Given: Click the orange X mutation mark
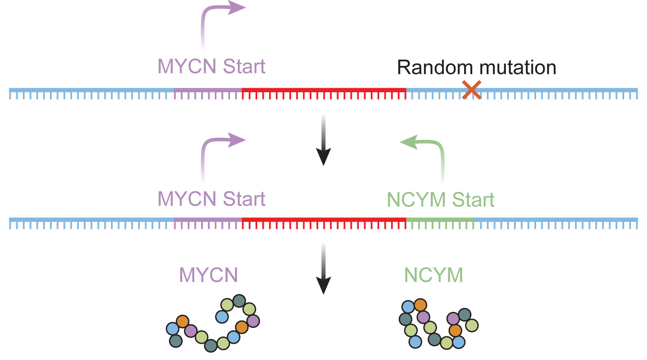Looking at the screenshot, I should [x=471, y=90].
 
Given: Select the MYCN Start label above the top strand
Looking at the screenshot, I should [x=211, y=66].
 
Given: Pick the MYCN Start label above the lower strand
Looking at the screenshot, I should [x=211, y=199].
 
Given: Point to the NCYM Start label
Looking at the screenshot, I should [x=441, y=200].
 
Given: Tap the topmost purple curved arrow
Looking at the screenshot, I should [x=215, y=16].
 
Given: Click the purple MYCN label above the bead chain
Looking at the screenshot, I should [x=208, y=275].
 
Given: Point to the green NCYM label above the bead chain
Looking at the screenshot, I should [x=434, y=275].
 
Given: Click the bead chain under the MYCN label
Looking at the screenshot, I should [x=213, y=325].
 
